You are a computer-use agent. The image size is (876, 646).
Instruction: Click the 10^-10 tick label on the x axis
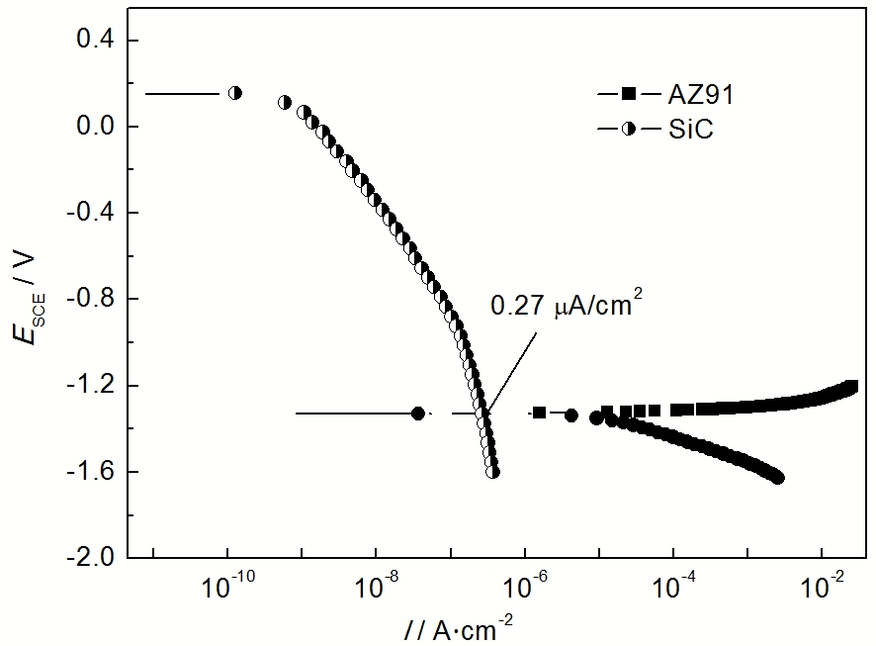pyautogui.click(x=228, y=587)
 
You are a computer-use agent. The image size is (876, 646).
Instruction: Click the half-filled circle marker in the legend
pyautogui.click(x=627, y=130)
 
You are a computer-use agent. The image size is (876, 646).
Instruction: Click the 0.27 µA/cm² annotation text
pyautogui.click(x=559, y=308)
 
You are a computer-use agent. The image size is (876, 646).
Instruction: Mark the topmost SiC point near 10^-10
pyautogui.click(x=235, y=93)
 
